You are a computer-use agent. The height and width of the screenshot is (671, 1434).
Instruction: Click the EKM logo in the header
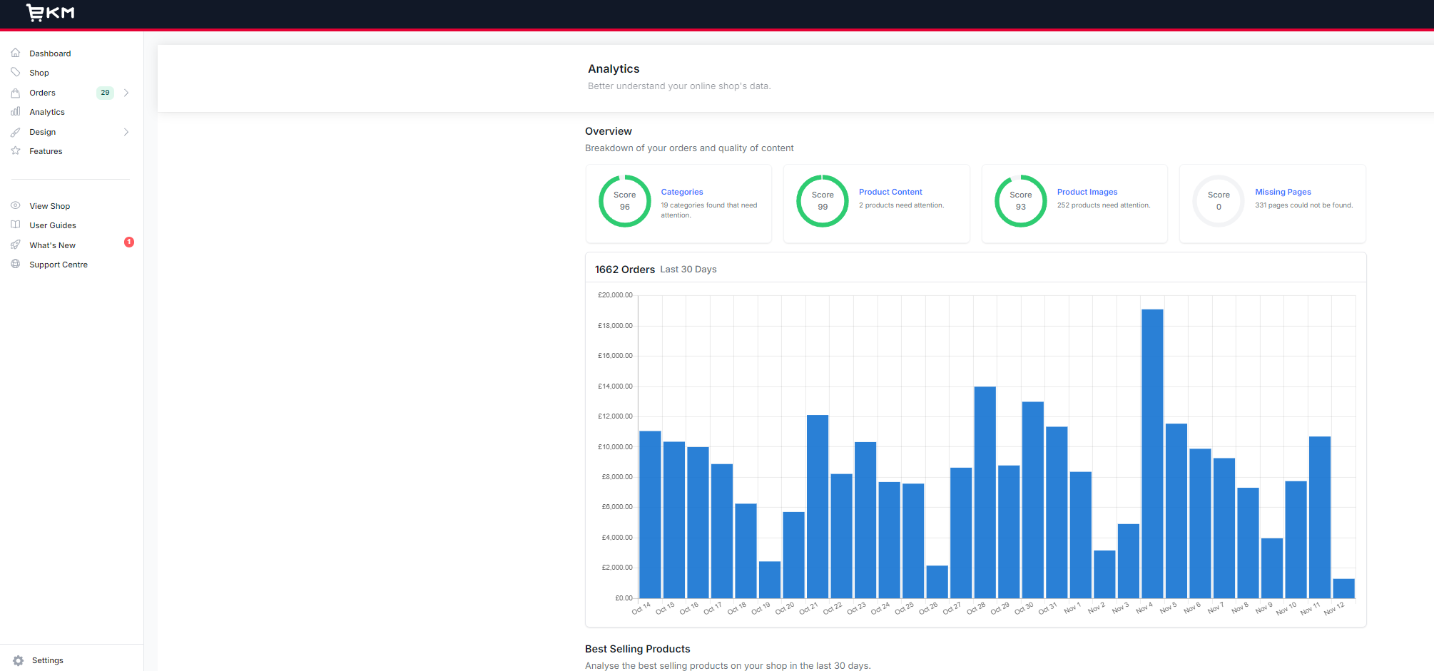click(50, 13)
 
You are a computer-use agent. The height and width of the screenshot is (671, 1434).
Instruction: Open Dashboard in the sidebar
click(50, 53)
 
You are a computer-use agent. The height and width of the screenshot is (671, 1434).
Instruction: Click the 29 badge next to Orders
click(105, 93)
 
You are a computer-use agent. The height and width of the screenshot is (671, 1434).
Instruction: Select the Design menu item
click(43, 132)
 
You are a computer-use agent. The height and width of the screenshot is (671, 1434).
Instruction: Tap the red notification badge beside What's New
click(129, 242)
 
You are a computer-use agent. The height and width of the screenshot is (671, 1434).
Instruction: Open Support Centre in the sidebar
click(59, 265)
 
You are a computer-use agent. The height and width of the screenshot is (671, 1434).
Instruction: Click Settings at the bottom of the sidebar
click(47, 660)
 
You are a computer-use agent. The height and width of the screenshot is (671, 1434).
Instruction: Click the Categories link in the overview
click(681, 192)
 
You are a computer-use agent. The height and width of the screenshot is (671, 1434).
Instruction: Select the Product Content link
click(890, 192)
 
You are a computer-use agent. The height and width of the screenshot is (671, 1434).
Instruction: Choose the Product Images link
click(1087, 192)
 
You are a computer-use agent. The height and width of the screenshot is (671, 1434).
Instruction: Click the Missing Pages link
click(1283, 192)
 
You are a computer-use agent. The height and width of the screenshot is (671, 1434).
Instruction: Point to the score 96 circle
click(624, 201)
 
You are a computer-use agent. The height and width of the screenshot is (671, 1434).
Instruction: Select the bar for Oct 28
click(985, 492)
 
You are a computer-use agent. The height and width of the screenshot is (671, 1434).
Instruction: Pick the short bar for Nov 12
click(1343, 588)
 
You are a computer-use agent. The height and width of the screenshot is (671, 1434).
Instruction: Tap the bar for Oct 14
click(650, 514)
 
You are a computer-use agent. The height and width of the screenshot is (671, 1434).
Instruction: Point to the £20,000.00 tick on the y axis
click(615, 295)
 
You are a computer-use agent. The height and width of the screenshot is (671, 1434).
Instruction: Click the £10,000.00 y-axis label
click(615, 447)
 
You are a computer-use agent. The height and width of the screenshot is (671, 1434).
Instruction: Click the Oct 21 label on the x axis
click(809, 608)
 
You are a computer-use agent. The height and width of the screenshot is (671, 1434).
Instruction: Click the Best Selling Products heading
click(637, 649)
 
